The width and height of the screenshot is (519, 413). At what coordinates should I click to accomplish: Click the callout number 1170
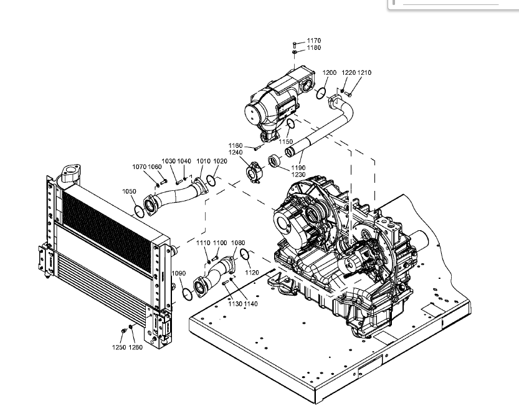click(313, 41)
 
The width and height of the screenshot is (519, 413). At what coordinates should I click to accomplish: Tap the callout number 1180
click(313, 48)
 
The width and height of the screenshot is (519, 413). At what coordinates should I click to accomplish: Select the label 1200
click(329, 73)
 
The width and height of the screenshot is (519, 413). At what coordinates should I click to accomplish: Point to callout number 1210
click(364, 73)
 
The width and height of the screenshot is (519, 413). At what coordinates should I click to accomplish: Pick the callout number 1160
click(235, 145)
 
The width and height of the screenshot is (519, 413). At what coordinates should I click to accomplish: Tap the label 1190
click(298, 167)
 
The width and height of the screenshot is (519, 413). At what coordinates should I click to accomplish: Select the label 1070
click(139, 167)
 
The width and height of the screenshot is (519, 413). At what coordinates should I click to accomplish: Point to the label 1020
click(220, 161)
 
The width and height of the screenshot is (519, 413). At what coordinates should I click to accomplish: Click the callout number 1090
click(178, 273)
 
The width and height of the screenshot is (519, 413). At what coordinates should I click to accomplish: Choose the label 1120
click(252, 273)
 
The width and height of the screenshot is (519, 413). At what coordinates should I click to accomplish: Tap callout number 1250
click(119, 347)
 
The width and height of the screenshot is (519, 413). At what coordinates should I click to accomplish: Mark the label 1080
click(237, 243)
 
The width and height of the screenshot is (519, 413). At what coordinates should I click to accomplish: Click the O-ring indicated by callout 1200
click(321, 94)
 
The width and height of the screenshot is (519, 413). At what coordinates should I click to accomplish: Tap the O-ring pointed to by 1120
click(245, 255)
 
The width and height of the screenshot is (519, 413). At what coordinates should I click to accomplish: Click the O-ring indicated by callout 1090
click(187, 293)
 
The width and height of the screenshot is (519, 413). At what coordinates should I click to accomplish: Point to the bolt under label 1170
click(295, 44)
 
